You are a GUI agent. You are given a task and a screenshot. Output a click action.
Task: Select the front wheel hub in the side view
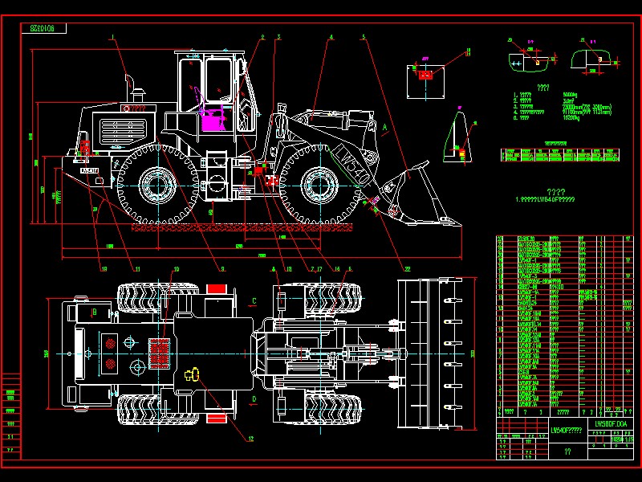click(x=319, y=186)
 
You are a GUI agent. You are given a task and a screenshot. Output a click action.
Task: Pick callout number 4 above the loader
click(x=330, y=37)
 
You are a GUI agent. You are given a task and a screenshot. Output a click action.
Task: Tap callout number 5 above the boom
click(x=363, y=37)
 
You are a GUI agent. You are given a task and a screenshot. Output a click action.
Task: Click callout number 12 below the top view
click(x=250, y=439)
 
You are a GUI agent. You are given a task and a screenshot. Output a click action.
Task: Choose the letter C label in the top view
click(x=254, y=300)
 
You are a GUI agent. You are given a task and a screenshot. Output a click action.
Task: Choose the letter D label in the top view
click(x=254, y=398)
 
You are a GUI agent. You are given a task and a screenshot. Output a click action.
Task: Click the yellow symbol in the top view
click(x=192, y=374)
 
